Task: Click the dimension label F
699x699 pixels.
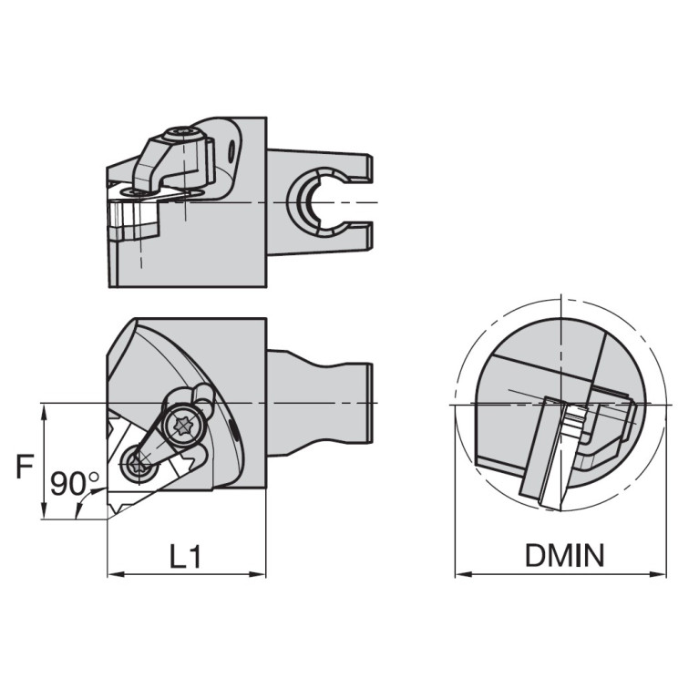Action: tap(26, 468)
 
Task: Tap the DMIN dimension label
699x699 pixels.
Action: tap(563, 556)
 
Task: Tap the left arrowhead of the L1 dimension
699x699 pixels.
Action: tap(112, 575)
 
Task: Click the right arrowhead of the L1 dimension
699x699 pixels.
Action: tap(262, 575)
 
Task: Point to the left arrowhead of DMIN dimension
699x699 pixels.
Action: tap(460, 575)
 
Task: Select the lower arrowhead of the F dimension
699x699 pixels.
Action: tap(44, 514)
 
